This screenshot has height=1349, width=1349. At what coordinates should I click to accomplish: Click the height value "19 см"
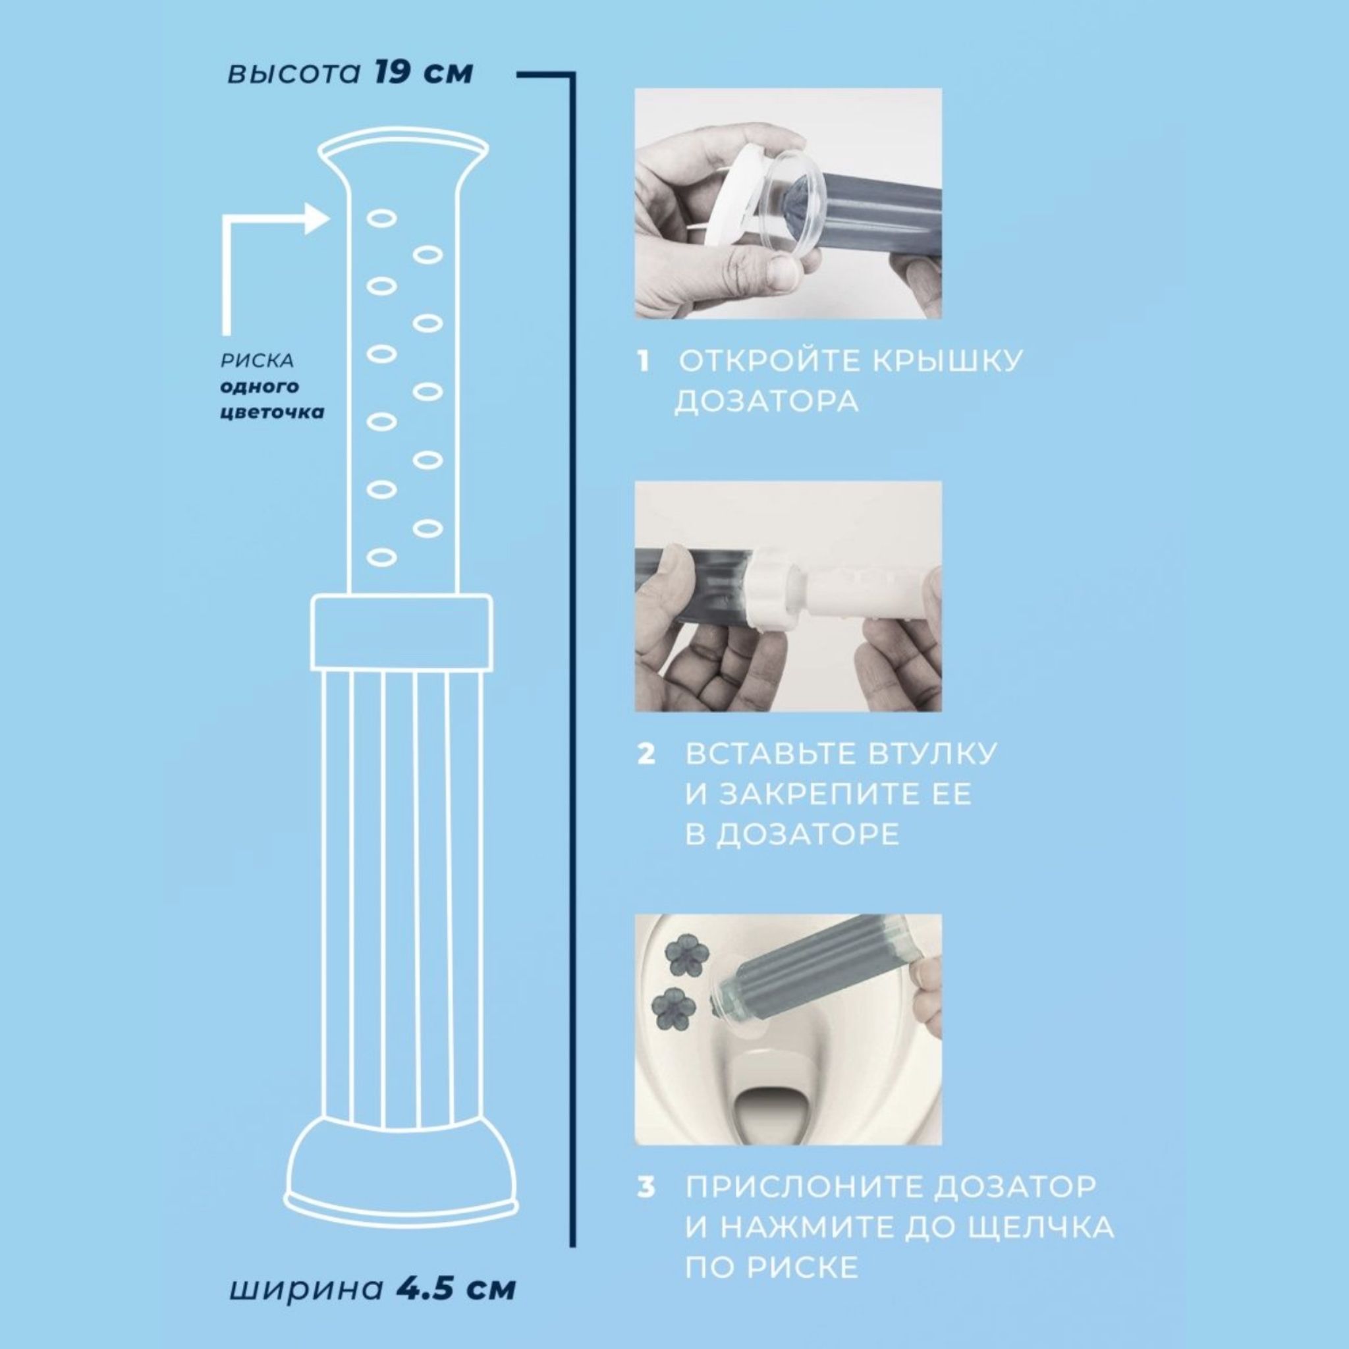(424, 72)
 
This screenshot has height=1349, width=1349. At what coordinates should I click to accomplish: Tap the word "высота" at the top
(293, 74)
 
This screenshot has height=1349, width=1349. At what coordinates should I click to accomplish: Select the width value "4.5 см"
(456, 1289)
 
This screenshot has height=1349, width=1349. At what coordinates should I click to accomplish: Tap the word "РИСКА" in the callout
(257, 361)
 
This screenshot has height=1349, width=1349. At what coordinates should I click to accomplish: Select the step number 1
(643, 362)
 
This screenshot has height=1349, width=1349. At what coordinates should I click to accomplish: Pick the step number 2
(646, 755)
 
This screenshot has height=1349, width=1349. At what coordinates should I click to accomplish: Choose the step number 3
(646, 1187)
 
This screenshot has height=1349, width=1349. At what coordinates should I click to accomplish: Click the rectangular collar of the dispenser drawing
(402, 632)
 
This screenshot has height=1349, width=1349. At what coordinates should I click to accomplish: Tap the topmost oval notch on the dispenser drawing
(381, 219)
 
